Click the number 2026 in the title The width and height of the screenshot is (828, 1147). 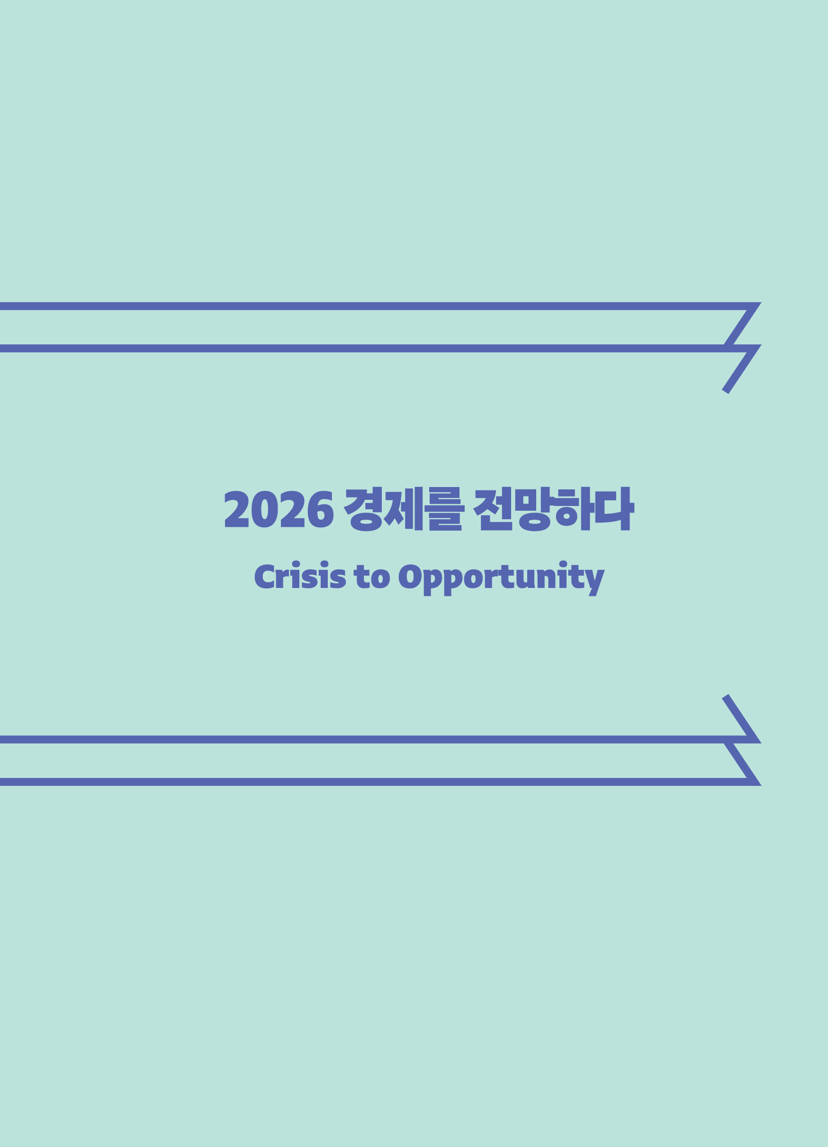pyautogui.click(x=279, y=509)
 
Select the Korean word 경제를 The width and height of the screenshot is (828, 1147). pyautogui.click(x=404, y=509)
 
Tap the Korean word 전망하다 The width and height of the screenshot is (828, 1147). pyautogui.click(x=554, y=509)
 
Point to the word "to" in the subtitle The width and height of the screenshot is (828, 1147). pyautogui.click(x=372, y=577)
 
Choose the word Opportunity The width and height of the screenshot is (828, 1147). pyautogui.click(x=502, y=579)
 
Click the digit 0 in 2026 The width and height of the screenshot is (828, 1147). pyautogui.click(x=264, y=509)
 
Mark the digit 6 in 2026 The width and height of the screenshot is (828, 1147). pyautogui.click(x=321, y=509)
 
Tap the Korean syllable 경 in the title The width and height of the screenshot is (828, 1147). pyautogui.click(x=363, y=509)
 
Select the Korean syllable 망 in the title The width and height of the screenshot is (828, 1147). pyautogui.click(x=535, y=509)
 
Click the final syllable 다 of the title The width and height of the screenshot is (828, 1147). pyautogui.click(x=615, y=509)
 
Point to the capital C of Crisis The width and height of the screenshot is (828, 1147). pyautogui.click(x=264, y=577)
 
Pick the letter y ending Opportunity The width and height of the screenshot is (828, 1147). pyautogui.click(x=595, y=583)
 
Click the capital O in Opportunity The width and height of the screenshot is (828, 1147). pyautogui.click(x=410, y=577)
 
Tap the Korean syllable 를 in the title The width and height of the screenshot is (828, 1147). pyautogui.click(x=445, y=509)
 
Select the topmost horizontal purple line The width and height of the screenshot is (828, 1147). pyautogui.click(x=377, y=306)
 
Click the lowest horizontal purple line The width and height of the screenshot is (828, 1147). pyautogui.click(x=377, y=782)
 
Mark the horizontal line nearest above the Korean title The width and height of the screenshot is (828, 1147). pyautogui.click(x=377, y=348)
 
